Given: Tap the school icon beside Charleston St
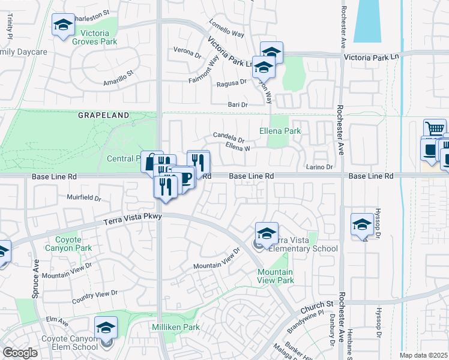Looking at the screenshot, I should point(63,25).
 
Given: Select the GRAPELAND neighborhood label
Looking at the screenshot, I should point(103,115).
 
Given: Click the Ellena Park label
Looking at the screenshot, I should point(280,130).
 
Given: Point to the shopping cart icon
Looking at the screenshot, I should point(435,128).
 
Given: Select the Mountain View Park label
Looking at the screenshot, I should point(276,276).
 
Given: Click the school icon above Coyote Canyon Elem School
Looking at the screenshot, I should point(106,328).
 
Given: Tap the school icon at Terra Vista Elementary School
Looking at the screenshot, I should point(267,233).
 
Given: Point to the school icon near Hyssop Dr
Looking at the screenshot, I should point(362,224).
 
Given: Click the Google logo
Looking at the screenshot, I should point(20,353).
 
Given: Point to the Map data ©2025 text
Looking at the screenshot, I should point(423,355).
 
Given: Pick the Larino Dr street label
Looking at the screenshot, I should point(319,167).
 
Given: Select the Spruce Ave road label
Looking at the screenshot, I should point(35,279).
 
